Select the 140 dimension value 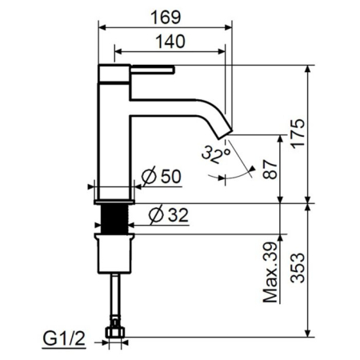tap(170, 41)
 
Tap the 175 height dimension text tap(297, 133)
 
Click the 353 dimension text tap(297, 269)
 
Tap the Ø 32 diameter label tap(168, 214)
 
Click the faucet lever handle tap(152, 70)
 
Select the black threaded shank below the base tap(118, 218)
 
